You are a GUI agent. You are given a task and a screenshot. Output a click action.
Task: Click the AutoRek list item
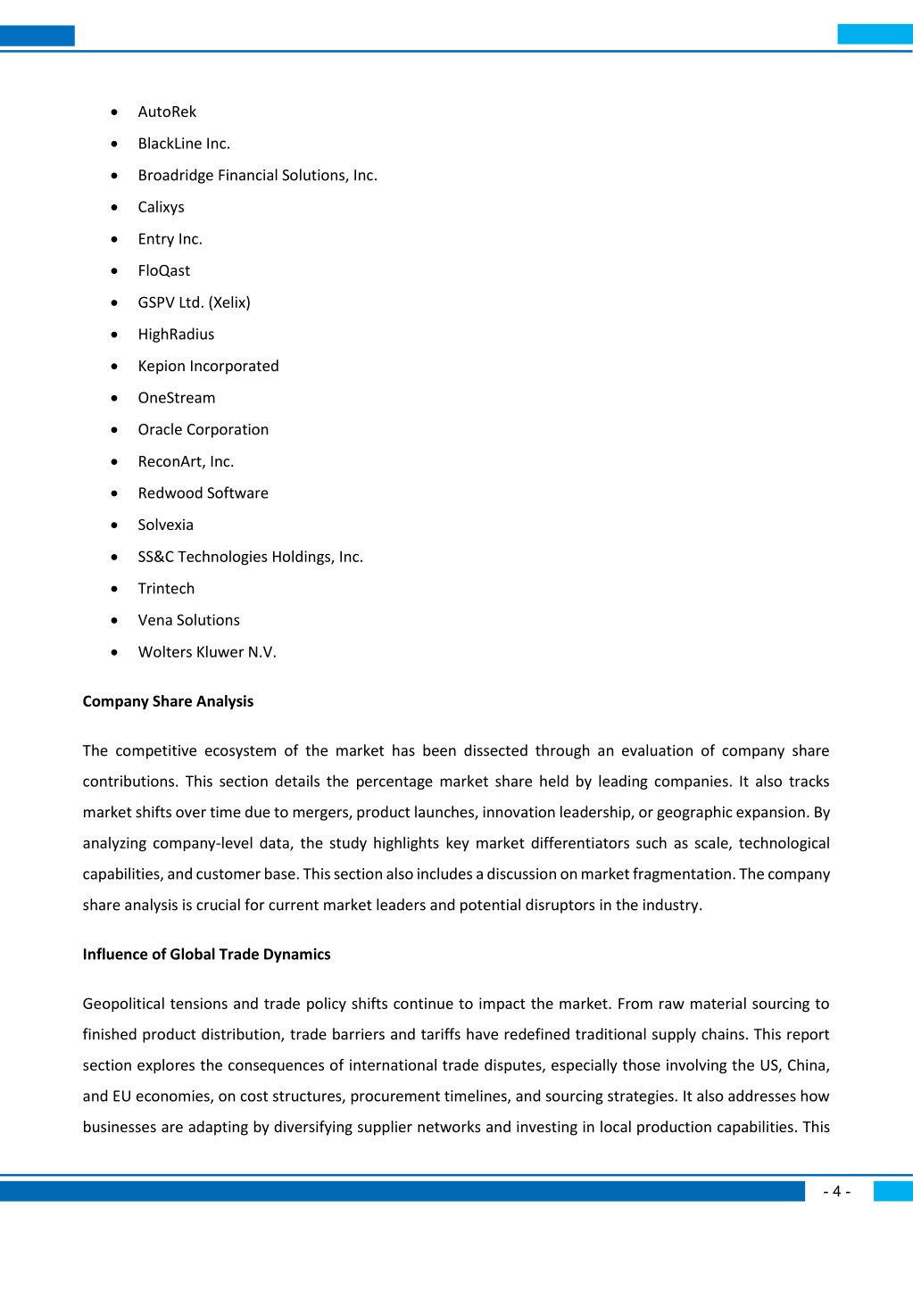point(167,112)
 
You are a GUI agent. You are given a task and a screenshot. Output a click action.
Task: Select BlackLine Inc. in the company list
point(184,144)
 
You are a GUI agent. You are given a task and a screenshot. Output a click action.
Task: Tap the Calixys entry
point(161,207)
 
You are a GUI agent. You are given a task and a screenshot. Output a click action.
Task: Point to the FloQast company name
point(164,270)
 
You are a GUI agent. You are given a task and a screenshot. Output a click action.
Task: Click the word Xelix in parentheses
point(229,302)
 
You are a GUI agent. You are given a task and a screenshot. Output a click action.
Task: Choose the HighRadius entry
point(176,335)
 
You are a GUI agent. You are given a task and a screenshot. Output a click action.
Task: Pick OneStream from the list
point(177,398)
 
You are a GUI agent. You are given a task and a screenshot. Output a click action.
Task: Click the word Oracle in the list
point(160,429)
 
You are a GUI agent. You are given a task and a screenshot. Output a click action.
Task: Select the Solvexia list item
point(165,525)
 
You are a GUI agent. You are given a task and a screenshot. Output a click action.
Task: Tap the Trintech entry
point(166,589)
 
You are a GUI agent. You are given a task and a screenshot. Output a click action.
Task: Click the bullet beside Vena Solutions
point(114,620)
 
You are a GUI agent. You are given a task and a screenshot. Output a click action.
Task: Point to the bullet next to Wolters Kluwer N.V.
point(114,652)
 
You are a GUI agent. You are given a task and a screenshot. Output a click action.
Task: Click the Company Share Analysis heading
point(168,701)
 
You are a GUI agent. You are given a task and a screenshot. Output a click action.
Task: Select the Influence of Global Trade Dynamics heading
point(206,955)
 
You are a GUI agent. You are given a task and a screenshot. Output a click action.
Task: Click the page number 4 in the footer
point(836,1192)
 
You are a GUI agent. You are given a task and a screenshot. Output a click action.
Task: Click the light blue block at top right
point(875,35)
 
